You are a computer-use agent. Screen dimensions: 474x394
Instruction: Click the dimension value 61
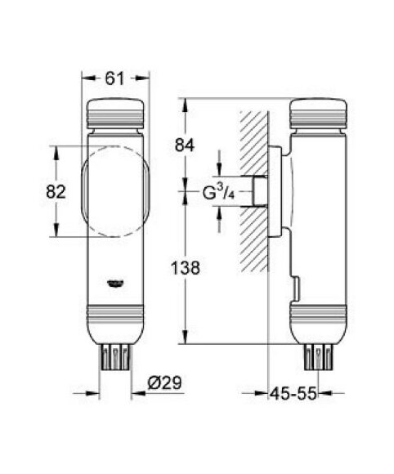pos(116,78)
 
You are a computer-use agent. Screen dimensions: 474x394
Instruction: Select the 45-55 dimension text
pos(294,394)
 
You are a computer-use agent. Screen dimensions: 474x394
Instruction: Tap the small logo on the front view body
pos(116,284)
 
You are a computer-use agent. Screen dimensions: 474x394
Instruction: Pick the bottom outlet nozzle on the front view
pos(116,355)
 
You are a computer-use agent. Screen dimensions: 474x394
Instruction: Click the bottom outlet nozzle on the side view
pos(319,355)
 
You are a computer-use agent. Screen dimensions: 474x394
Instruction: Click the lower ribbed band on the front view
pos(116,315)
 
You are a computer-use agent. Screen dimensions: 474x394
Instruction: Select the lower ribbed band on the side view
pos(319,315)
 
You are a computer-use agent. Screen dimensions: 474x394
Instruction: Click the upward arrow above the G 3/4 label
pos(218,159)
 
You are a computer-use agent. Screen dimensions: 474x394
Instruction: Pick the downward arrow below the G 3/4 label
pos(218,214)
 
